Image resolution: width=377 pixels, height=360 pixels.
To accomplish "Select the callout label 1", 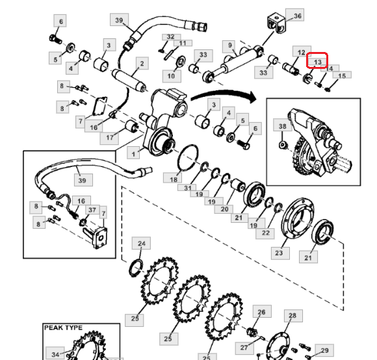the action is click(133, 153).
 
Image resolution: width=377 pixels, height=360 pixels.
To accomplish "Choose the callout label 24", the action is click(142, 243).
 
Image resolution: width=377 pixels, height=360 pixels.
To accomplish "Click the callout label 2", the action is click(142, 63).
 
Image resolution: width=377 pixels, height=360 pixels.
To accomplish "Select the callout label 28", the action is click(293, 316).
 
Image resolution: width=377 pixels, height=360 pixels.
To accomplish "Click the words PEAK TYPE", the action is click(63, 328).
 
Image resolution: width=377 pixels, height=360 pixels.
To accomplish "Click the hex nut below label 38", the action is click(283, 145).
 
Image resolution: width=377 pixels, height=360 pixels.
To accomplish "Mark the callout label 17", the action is click(109, 138).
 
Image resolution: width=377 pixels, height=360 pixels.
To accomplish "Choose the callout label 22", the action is click(265, 233).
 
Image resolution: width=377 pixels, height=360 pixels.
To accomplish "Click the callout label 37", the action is click(92, 210).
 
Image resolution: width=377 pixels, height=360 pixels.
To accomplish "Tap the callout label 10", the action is click(172, 76).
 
